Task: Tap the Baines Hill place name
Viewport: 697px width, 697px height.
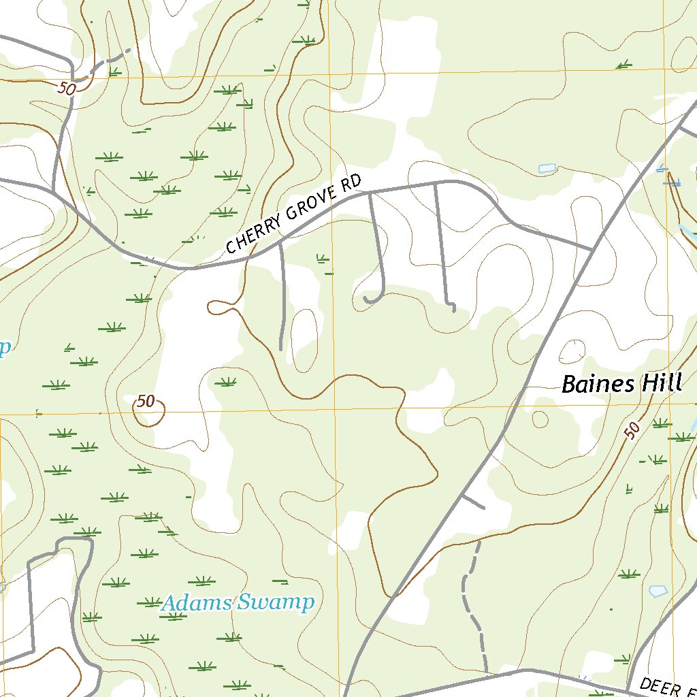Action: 621,384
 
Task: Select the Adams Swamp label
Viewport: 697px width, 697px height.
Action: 238,602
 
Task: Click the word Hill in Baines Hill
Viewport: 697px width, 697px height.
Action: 660,384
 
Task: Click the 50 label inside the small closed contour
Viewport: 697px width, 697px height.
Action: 146,402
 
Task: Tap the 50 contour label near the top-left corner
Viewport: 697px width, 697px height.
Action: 66,88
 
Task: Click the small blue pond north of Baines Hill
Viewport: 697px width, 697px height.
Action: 547,168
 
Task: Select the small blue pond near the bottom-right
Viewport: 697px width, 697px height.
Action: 658,591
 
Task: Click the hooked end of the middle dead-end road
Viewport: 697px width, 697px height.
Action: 371,299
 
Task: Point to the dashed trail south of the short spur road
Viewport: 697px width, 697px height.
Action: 471,599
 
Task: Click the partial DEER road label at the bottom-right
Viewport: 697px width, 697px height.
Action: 667,684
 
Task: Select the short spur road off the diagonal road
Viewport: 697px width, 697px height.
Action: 474,501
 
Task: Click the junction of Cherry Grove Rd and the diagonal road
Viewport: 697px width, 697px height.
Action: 591,249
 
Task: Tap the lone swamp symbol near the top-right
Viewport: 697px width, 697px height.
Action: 623,65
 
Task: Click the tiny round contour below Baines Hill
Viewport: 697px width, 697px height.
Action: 540,419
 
